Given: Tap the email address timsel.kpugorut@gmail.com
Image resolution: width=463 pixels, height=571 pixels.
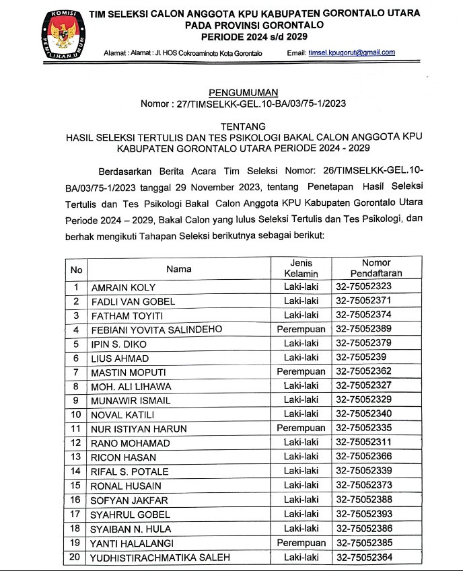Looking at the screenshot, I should click(x=352, y=52).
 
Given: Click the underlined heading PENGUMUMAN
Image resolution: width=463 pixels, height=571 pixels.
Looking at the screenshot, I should click(x=243, y=92).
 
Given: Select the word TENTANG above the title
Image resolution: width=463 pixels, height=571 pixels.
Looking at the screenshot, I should click(x=243, y=126).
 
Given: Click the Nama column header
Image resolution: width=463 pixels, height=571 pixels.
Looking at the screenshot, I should click(x=179, y=269).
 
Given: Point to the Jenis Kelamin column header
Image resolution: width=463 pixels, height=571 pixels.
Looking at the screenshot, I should click(x=301, y=268).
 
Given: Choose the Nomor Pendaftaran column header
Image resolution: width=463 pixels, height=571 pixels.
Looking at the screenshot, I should click(x=376, y=268).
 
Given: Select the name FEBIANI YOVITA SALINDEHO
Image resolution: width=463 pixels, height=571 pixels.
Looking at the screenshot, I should click(x=157, y=330).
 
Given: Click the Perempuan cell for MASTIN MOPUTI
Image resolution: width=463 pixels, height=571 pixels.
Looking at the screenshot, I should click(x=301, y=372).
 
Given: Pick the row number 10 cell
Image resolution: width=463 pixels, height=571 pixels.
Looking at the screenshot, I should click(x=76, y=414).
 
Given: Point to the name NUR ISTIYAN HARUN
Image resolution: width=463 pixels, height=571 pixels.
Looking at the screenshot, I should click(x=139, y=428).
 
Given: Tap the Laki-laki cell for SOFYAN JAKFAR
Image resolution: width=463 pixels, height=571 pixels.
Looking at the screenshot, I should click(x=301, y=500).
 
